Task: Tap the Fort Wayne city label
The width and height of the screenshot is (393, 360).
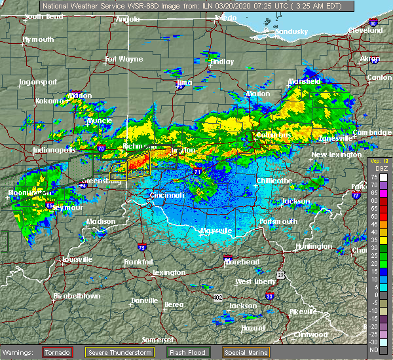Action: point(124,60)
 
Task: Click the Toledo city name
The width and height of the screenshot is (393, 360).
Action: point(225,19)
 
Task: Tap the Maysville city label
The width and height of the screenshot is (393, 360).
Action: point(215,230)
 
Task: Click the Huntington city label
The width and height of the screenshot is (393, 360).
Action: point(314,246)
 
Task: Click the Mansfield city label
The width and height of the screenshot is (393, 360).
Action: point(305,81)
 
